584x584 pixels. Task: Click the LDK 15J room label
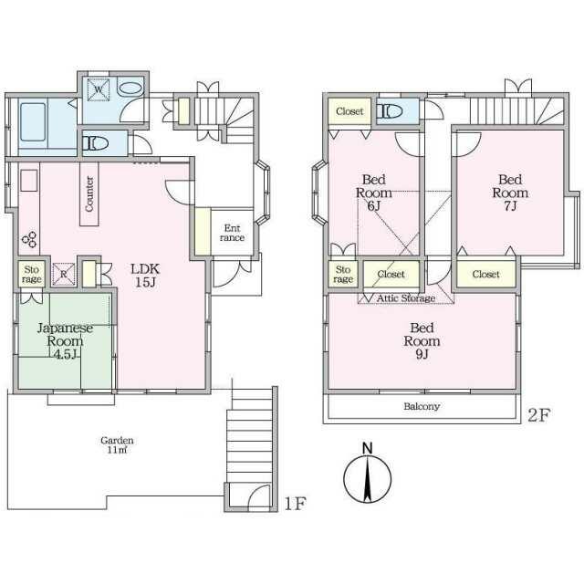[x=145, y=276]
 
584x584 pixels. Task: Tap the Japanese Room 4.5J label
[x=65, y=340]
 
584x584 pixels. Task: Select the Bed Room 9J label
[x=422, y=340]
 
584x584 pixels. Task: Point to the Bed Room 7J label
[x=510, y=193]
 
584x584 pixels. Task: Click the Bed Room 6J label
[x=373, y=193]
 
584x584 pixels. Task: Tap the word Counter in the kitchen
[x=89, y=194]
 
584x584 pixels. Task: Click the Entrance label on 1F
[x=232, y=233]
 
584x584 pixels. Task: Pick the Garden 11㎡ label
[x=117, y=445]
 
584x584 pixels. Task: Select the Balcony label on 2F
[x=422, y=406]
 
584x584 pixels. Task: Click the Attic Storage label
[x=406, y=298]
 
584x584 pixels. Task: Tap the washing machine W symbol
[x=99, y=89]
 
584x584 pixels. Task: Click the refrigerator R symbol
[x=64, y=274]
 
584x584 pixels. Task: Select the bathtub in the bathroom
[x=33, y=121]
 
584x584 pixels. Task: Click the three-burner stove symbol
[x=30, y=239]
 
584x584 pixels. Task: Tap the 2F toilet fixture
[x=390, y=111]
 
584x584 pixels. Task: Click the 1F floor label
[x=295, y=504]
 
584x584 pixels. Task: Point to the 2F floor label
[x=538, y=415]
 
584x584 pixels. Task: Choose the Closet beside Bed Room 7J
[x=485, y=274]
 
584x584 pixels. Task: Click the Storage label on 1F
[x=32, y=274]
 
